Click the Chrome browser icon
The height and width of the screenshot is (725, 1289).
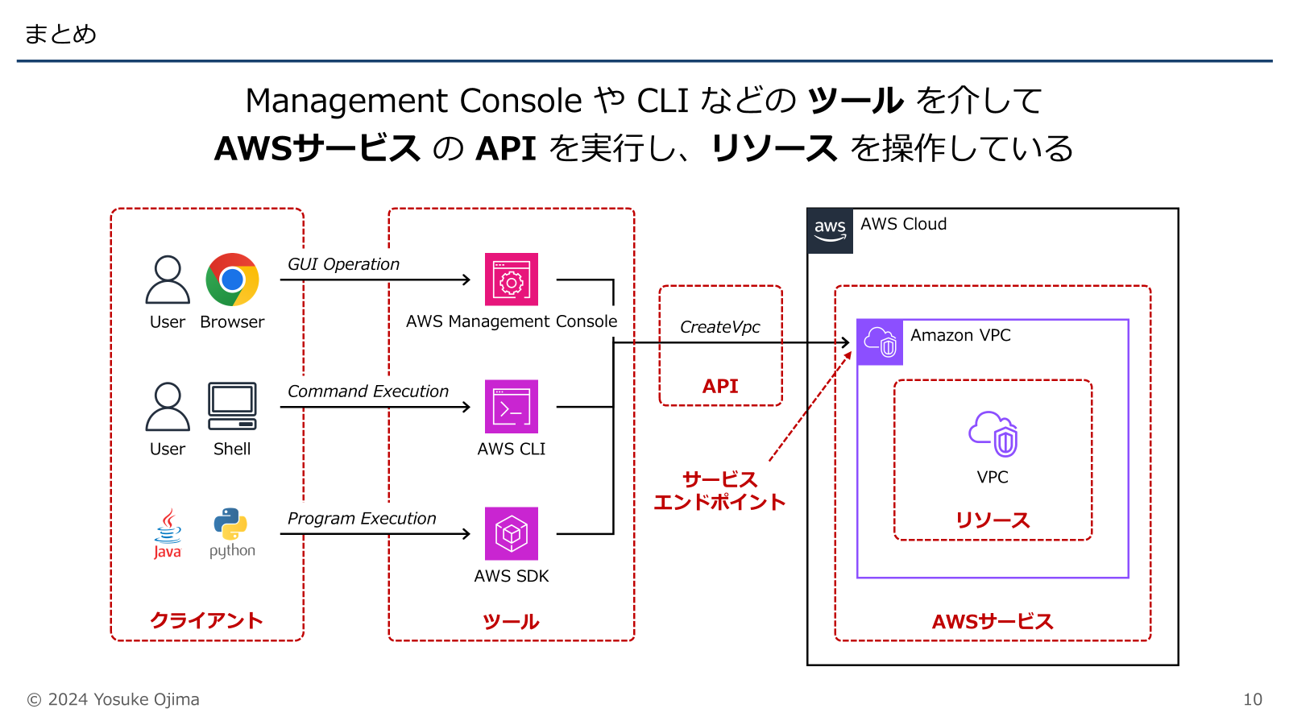232,280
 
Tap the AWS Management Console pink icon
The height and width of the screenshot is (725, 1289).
511,280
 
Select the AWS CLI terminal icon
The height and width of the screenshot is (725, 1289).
511,407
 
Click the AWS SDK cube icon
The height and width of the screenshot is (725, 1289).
511,533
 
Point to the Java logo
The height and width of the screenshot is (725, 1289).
168,533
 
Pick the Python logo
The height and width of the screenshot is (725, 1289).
231,532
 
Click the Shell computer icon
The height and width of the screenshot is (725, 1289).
232,406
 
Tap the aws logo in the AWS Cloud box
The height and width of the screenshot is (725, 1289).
830,230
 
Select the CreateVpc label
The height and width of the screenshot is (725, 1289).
719,327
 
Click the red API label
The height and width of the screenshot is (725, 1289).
720,386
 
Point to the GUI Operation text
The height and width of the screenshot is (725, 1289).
343,264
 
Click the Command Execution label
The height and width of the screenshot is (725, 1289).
367,391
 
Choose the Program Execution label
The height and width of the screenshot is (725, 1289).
362,519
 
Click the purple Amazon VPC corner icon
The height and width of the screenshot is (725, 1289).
880,342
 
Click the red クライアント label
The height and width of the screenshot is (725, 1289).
206,620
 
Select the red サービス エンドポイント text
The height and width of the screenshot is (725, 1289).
719,491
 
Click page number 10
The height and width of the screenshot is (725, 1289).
1252,699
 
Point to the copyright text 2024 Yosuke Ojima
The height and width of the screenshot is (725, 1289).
114,699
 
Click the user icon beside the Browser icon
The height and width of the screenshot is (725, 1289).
168,280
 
